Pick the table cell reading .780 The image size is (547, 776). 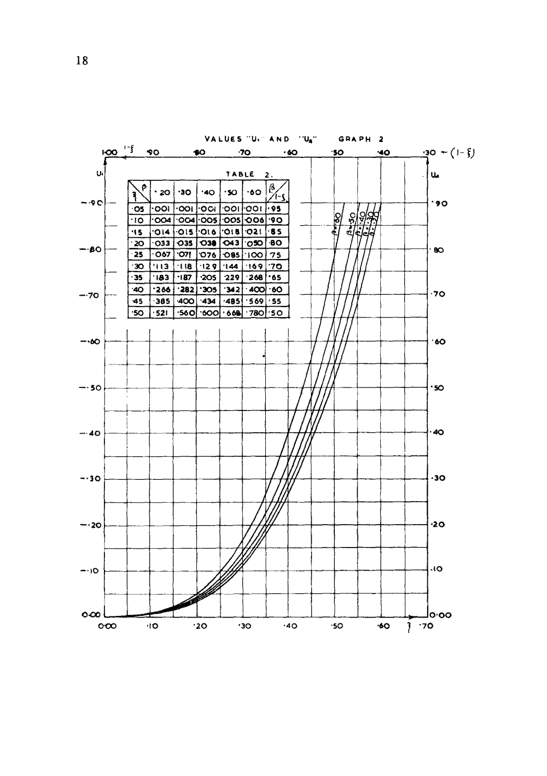(x=254, y=313)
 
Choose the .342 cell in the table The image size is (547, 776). (x=231, y=290)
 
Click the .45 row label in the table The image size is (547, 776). (x=139, y=301)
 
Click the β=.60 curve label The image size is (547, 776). (x=337, y=224)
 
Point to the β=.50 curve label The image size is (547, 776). (x=351, y=223)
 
